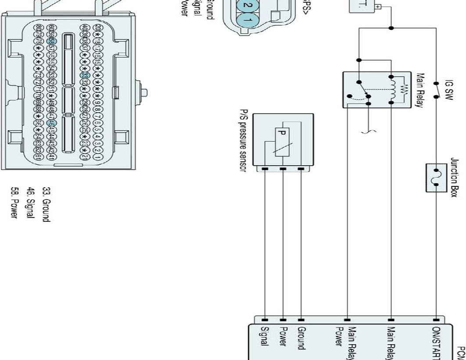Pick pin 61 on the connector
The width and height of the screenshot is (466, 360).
[38, 156]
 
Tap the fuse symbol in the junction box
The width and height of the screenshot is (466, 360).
[436, 178]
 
